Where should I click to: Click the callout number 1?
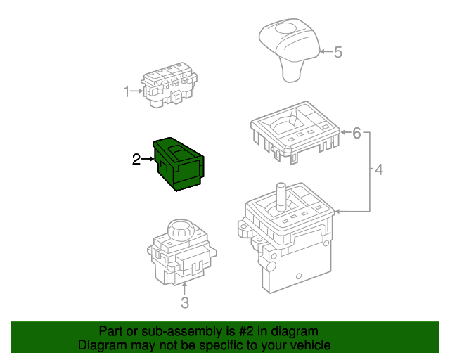[127, 91]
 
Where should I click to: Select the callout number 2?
[136, 160]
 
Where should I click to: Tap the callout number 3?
[185, 303]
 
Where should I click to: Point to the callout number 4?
[378, 170]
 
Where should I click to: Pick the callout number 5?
[337, 52]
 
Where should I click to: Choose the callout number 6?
[356, 132]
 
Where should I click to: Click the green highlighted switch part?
[180, 163]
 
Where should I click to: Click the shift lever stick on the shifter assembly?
[281, 195]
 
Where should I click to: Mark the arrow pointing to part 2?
[148, 160]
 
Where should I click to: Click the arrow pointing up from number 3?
[185, 289]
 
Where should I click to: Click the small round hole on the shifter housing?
[299, 276]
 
